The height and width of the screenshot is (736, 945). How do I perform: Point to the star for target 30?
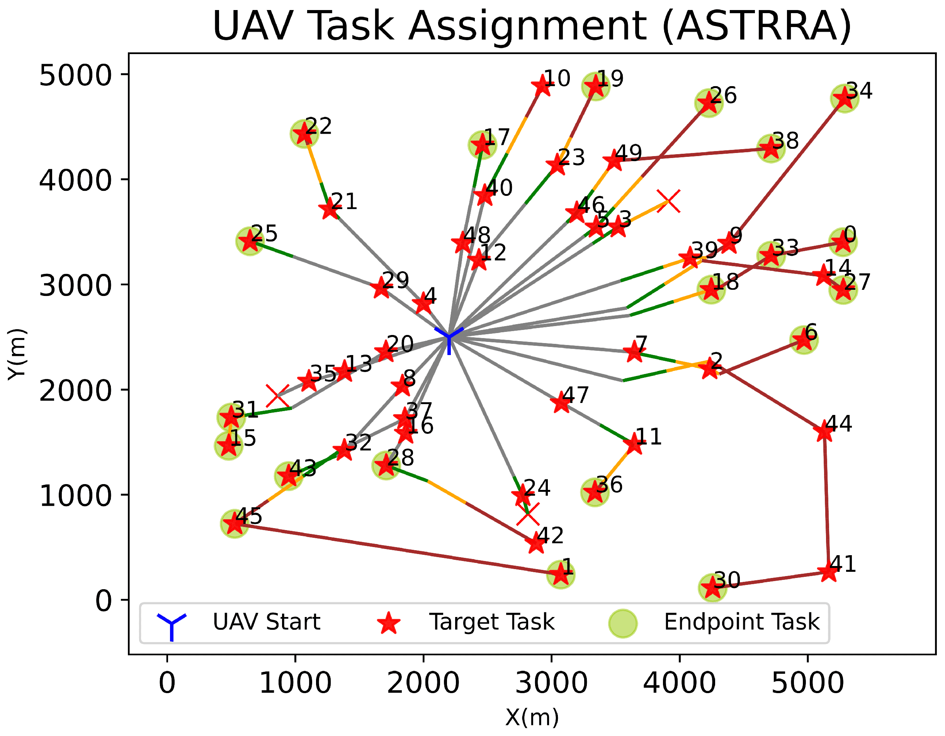click(712, 588)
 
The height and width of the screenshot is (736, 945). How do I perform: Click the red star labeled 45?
click(235, 524)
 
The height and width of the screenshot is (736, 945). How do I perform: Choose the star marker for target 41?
click(829, 571)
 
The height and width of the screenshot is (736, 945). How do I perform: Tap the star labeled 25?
click(250, 241)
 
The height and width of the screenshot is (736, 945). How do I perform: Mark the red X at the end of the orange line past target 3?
click(668, 201)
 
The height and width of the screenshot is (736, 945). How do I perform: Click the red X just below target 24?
click(528, 514)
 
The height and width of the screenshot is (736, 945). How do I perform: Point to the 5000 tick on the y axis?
click(76, 75)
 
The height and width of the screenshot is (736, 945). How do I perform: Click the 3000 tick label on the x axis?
click(551, 683)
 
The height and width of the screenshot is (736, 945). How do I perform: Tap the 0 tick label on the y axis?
click(104, 600)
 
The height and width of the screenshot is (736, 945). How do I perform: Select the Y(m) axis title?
click(17, 354)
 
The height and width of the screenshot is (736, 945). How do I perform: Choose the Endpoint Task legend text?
click(741, 622)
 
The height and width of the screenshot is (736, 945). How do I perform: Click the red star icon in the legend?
click(389, 623)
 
